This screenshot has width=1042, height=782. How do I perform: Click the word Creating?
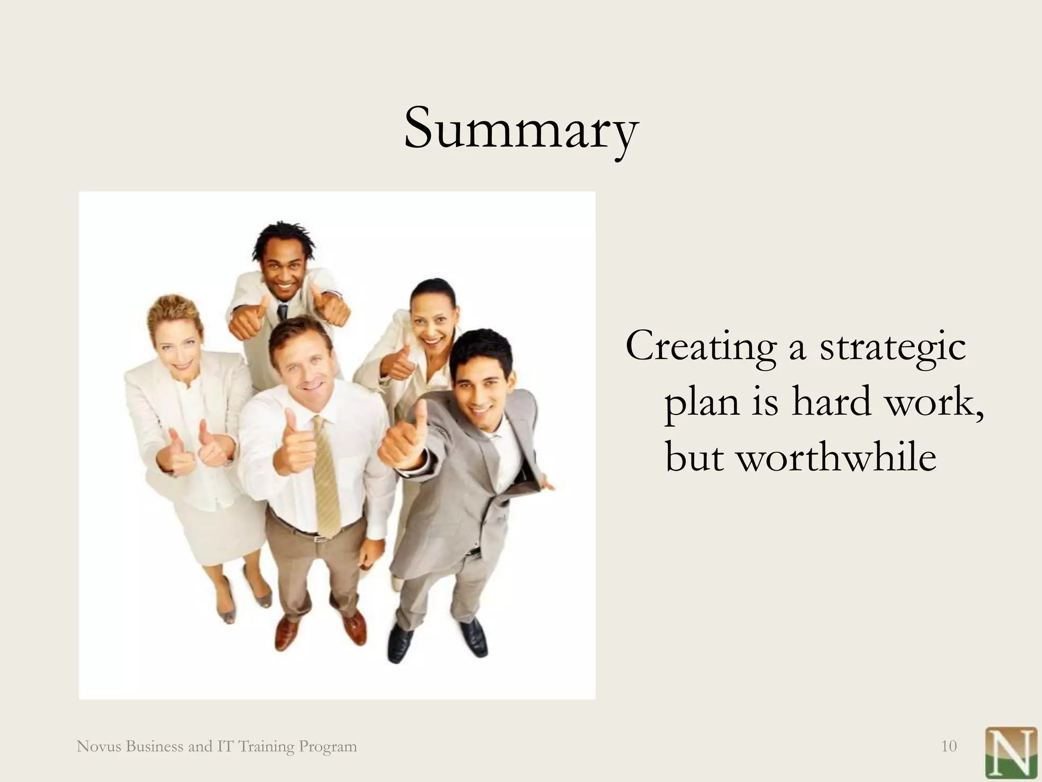(701, 347)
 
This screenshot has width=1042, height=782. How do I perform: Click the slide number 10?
(949, 746)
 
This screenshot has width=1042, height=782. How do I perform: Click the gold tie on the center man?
(326, 479)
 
